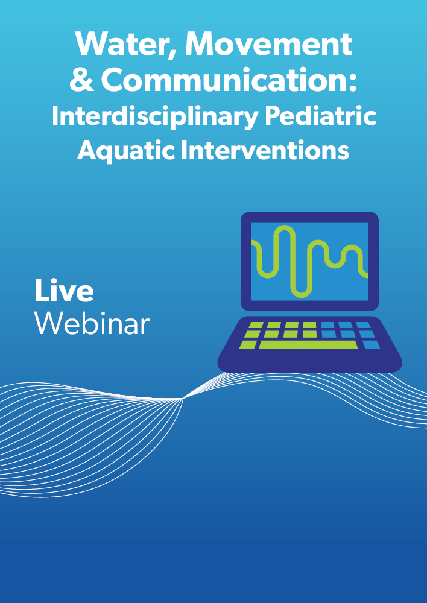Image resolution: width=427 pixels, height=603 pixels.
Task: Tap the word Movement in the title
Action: coord(268,44)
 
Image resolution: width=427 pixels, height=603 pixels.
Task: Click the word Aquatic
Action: coord(126,151)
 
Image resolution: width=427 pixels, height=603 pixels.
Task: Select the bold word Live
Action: coord(64,291)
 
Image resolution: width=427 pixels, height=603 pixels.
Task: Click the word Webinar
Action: coord(92,323)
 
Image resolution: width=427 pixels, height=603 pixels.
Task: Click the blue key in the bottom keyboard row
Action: coord(372,344)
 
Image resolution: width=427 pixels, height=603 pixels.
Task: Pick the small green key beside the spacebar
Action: coord(248,344)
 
